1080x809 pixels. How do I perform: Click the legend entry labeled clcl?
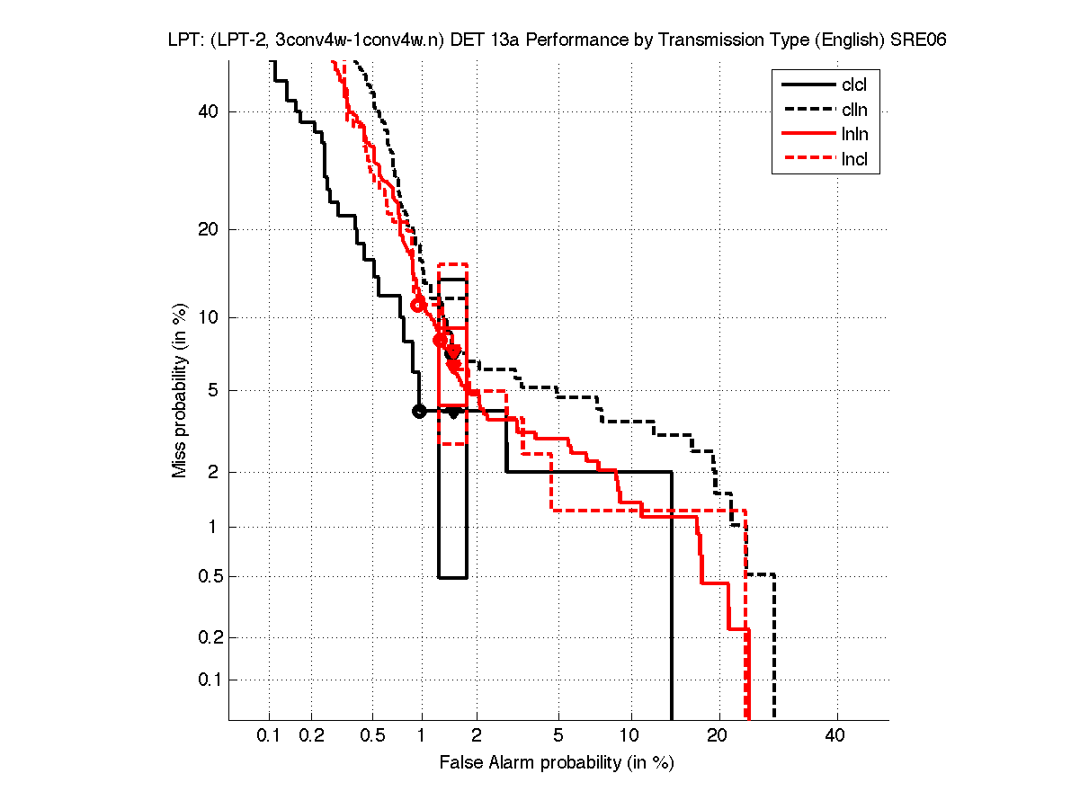(x=854, y=85)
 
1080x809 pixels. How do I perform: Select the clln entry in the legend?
(x=854, y=111)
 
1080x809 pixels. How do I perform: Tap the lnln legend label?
(x=854, y=135)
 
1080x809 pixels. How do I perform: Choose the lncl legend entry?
(x=854, y=160)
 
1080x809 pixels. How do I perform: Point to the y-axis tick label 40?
(x=209, y=111)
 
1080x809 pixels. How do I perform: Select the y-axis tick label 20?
(x=209, y=229)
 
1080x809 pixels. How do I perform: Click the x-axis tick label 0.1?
(x=269, y=736)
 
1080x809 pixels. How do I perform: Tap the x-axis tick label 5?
(x=558, y=736)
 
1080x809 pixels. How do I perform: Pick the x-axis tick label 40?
(x=835, y=736)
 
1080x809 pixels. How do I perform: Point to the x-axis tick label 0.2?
(x=312, y=736)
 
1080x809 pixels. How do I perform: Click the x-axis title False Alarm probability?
(x=557, y=763)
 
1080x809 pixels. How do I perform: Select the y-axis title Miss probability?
(x=181, y=391)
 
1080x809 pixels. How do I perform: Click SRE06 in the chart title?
(x=918, y=41)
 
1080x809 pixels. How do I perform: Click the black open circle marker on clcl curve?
(x=418, y=412)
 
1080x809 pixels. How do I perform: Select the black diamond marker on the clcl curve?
(x=454, y=413)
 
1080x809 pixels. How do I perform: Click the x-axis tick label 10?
(x=631, y=736)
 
